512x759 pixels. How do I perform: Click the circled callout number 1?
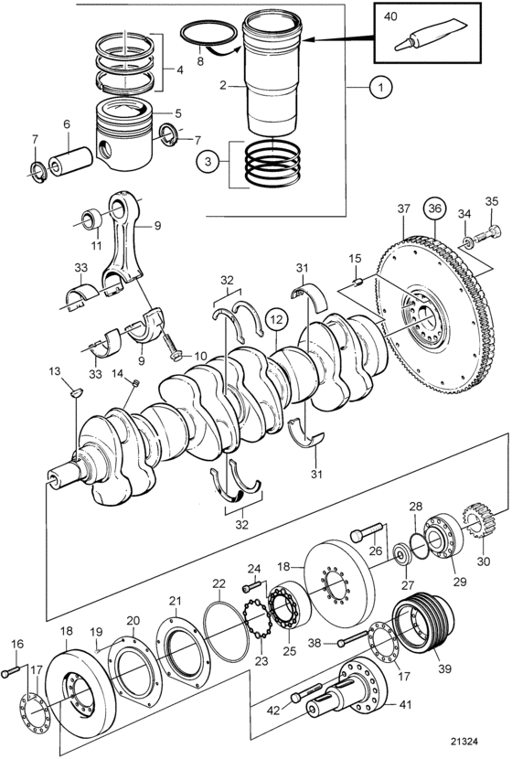[380, 88]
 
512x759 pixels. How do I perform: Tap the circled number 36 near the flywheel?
[434, 208]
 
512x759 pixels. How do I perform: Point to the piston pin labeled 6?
[70, 161]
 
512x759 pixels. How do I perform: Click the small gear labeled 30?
[480, 521]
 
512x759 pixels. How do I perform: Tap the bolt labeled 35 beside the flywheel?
[484, 236]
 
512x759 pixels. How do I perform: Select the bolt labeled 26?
[368, 532]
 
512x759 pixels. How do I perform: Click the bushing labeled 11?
[91, 219]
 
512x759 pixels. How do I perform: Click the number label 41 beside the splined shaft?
[405, 703]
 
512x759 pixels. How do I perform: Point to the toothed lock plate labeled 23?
[257, 619]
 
